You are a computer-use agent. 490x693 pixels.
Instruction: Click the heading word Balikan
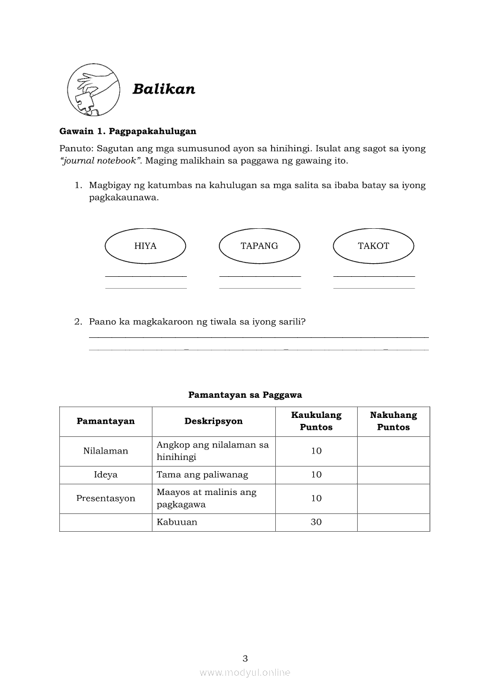click(x=164, y=89)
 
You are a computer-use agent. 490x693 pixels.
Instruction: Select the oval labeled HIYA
click(x=145, y=246)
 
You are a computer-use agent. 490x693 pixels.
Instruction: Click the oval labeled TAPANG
click(x=259, y=246)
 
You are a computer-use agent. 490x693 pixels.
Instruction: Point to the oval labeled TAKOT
click(x=374, y=246)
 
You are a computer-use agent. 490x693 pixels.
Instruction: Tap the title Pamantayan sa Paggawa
click(x=245, y=394)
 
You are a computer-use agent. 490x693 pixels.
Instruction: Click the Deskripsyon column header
click(x=214, y=421)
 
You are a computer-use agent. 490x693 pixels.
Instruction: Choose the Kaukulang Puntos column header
click(x=316, y=421)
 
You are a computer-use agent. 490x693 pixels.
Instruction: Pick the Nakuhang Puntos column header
click(x=393, y=421)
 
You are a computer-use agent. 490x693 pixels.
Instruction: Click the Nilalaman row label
click(x=106, y=451)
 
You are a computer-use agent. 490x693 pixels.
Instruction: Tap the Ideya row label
click(x=106, y=475)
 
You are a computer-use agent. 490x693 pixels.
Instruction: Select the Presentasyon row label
click(x=106, y=499)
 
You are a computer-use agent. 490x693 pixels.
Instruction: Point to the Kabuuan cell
click(x=177, y=522)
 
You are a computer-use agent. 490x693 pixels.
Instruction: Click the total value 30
click(x=316, y=522)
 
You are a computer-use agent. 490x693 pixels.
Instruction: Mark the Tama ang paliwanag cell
click(x=202, y=475)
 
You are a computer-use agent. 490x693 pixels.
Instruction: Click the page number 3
click(x=245, y=658)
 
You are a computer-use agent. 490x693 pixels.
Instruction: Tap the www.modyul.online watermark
click(x=245, y=673)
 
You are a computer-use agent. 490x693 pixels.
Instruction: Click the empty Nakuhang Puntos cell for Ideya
click(x=393, y=475)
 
